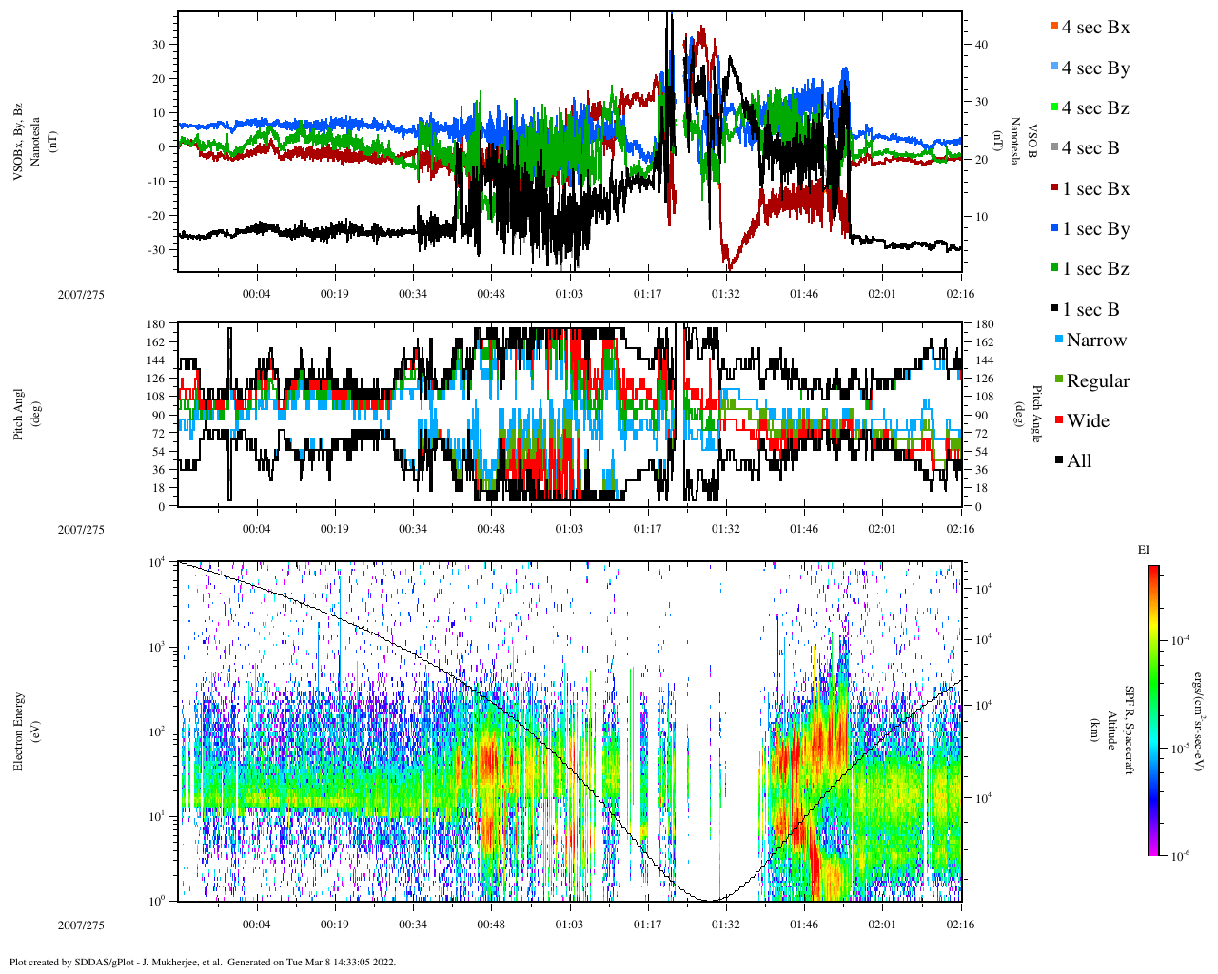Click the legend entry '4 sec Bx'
pyautogui.click(x=1095, y=28)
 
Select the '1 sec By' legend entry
pyautogui.click(x=1095, y=229)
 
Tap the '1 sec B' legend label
pyautogui.click(x=1090, y=310)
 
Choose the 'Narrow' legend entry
pyautogui.click(x=1096, y=341)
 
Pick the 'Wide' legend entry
pyautogui.click(x=1088, y=421)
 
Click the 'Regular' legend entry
pyautogui.click(x=1097, y=381)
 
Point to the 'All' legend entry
pyautogui.click(x=1079, y=461)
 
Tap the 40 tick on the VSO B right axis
pyautogui.click(x=980, y=45)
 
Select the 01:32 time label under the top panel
pyautogui.click(x=726, y=295)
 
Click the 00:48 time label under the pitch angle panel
pyautogui.click(x=491, y=529)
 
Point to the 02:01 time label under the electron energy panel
pyautogui.click(x=882, y=925)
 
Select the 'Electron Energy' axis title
pyautogui.click(x=18, y=731)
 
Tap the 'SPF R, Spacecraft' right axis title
pyautogui.click(x=1130, y=730)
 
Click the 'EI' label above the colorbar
pyautogui.click(x=1144, y=550)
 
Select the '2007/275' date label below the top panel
pyautogui.click(x=81, y=295)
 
